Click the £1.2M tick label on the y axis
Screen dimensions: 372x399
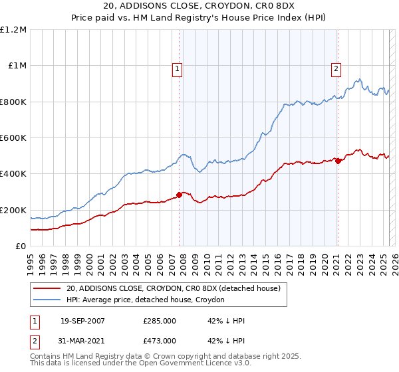(x=13, y=30)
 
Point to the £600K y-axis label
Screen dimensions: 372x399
(x=13, y=138)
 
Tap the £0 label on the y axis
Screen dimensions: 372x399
(x=21, y=246)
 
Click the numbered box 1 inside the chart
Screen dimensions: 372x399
(x=178, y=68)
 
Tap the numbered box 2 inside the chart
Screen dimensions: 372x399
(x=336, y=68)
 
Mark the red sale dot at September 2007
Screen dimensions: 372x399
(x=179, y=195)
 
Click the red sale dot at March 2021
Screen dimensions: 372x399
(x=338, y=161)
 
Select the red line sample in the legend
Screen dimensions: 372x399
(x=47, y=288)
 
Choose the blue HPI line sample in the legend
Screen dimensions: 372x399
(x=47, y=300)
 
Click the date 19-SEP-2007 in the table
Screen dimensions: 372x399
(x=82, y=322)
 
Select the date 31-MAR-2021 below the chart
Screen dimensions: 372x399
(x=82, y=341)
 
